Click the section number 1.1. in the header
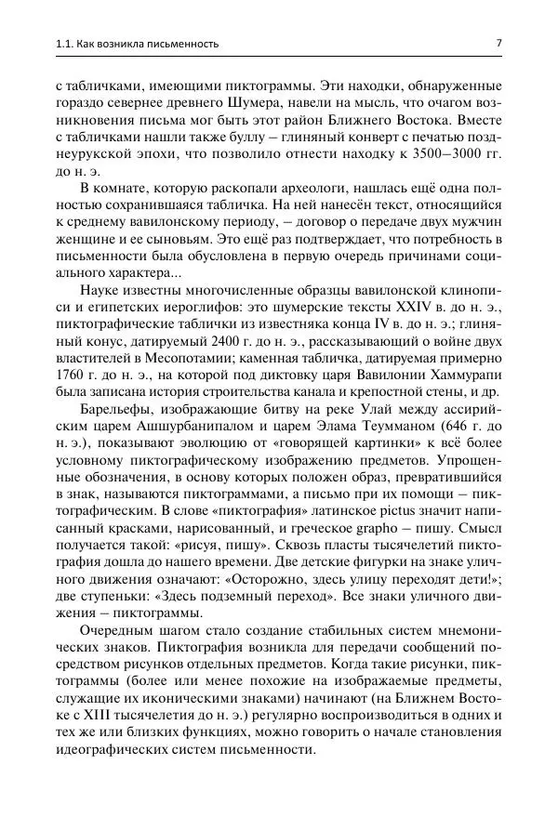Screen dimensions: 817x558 (x=43, y=44)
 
